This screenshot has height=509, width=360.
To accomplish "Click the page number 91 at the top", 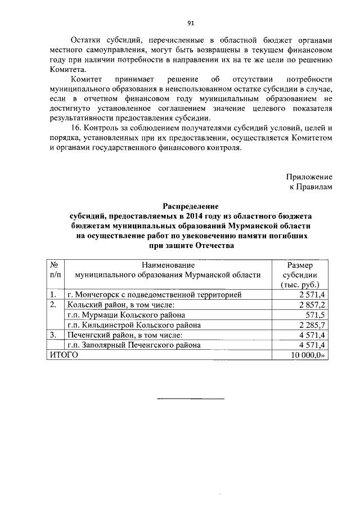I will pyautogui.click(x=191, y=22).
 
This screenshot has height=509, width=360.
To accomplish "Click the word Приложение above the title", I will pyautogui.click(x=309, y=177).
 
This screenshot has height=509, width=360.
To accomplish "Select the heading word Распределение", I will pyautogui.click(x=190, y=206).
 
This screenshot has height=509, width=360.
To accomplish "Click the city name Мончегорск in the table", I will pyautogui.click(x=101, y=294).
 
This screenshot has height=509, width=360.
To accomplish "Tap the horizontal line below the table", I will pyautogui.click(x=190, y=399).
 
